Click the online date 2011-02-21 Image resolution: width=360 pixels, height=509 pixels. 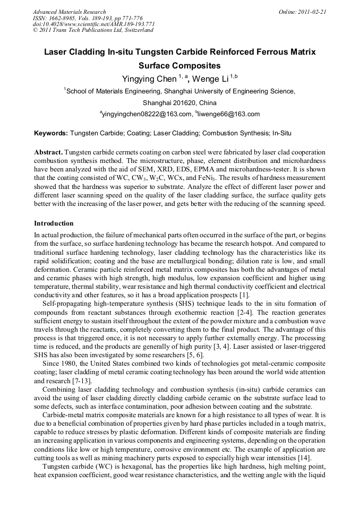[x=313, y=12]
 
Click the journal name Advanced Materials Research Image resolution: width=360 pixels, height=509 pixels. [x=69, y=12]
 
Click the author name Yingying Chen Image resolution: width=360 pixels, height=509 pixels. [x=149, y=79]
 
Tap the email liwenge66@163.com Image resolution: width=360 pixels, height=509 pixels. [x=229, y=114]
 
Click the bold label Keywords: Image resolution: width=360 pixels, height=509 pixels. [x=50, y=133]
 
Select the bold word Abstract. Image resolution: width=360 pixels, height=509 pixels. [x=48, y=152]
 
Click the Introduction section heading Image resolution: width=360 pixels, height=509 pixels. [x=54, y=223]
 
